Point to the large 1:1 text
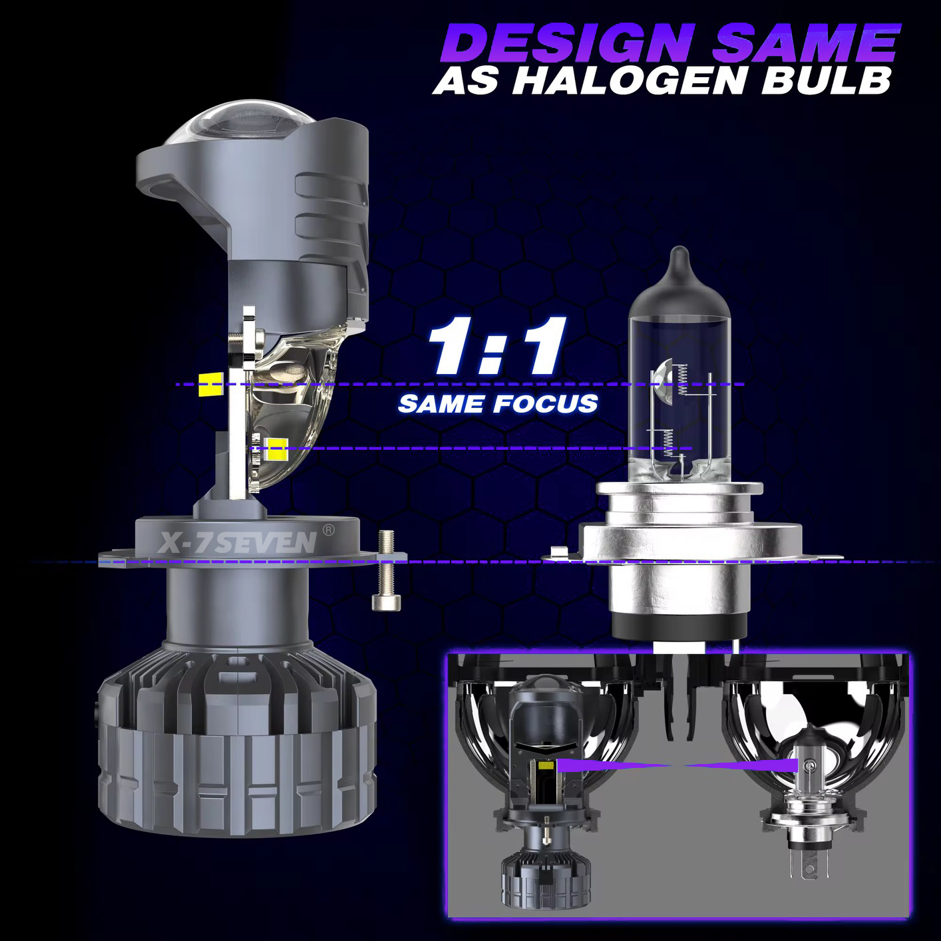[497, 346]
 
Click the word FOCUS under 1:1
[545, 404]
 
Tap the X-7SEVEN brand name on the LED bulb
[238, 542]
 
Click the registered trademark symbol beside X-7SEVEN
[329, 530]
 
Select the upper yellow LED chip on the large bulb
[210, 384]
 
